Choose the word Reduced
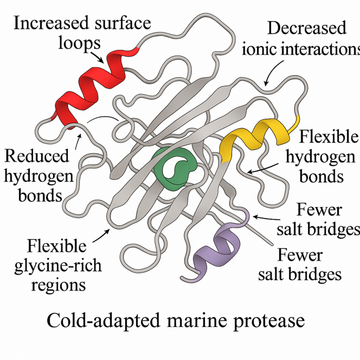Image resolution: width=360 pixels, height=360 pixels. [36, 157]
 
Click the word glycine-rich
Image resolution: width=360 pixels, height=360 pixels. [58, 266]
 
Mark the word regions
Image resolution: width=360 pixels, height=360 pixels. [58, 284]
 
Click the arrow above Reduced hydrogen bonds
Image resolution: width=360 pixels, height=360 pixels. [79, 139]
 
